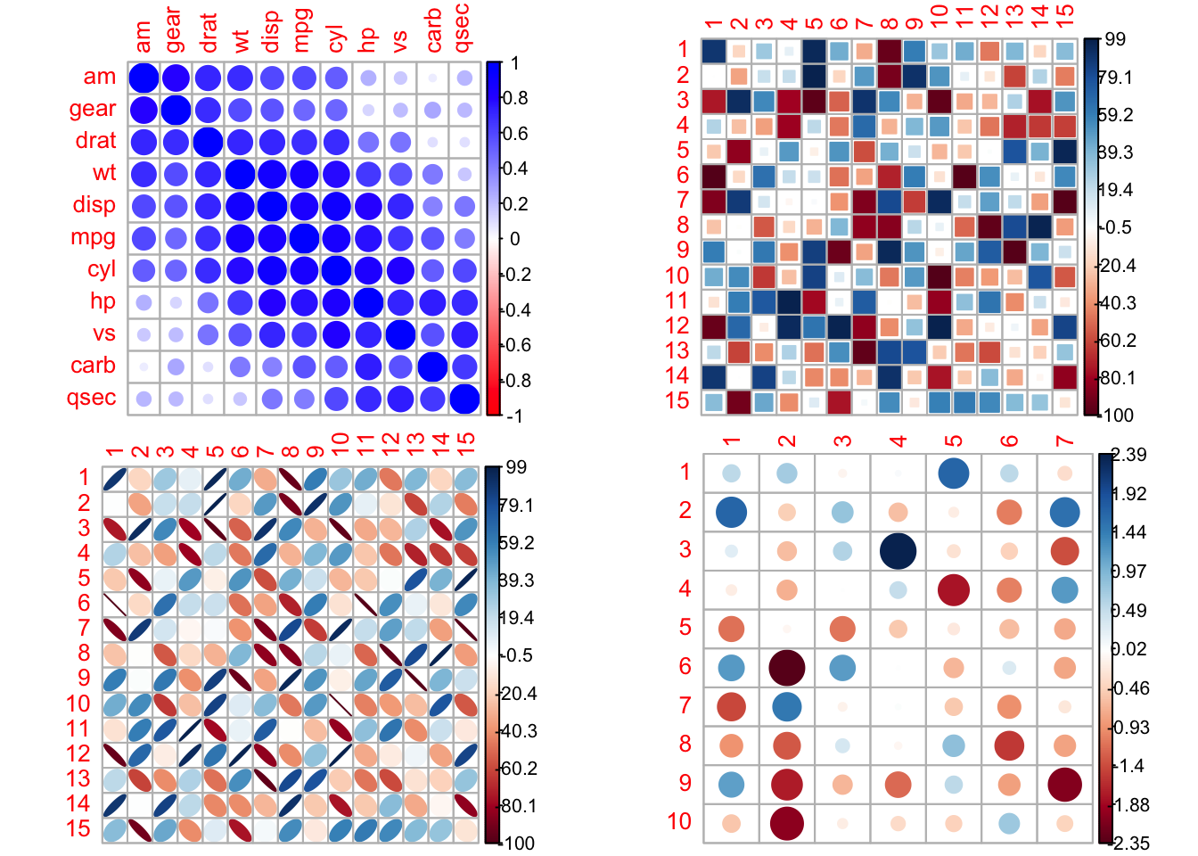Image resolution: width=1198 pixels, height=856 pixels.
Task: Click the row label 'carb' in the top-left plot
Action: click(93, 366)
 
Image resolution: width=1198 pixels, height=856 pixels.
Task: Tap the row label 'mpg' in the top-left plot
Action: click(93, 237)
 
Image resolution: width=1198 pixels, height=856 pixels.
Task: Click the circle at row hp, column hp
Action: click(368, 302)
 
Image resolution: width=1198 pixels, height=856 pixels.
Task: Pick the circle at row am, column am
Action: click(144, 78)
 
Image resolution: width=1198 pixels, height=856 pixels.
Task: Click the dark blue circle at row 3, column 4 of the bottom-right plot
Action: click(898, 550)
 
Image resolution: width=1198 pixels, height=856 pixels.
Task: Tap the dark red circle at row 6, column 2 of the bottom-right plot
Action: click(786, 666)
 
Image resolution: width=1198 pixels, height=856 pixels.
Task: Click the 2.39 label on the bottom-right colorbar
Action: click(1129, 455)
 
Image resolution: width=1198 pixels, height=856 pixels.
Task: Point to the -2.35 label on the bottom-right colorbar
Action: click(1129, 843)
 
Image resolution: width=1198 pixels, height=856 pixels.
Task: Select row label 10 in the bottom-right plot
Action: click(679, 821)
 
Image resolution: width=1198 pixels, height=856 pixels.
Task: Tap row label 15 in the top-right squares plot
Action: click(677, 401)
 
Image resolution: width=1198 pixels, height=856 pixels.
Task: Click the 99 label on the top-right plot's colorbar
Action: click(1115, 40)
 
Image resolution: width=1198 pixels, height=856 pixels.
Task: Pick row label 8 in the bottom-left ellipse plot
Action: click(84, 653)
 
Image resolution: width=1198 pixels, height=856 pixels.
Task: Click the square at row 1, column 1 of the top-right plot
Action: click(713, 51)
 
